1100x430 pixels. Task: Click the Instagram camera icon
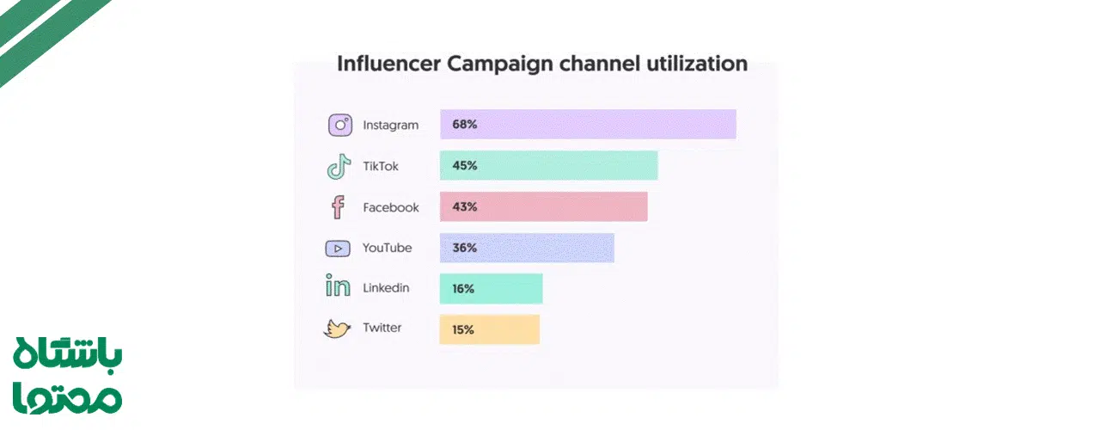click(x=340, y=125)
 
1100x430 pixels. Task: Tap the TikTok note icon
click(x=339, y=166)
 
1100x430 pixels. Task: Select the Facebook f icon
click(x=338, y=207)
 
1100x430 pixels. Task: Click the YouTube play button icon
click(x=338, y=249)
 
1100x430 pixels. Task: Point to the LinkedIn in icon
click(x=338, y=287)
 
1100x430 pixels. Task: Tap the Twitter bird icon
click(x=337, y=329)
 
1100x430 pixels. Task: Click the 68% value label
click(x=464, y=125)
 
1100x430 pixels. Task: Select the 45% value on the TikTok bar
click(x=464, y=166)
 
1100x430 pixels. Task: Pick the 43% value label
click(x=464, y=207)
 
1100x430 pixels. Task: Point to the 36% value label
click(x=464, y=248)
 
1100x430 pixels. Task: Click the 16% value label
click(x=463, y=289)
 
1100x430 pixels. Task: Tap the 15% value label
click(x=463, y=329)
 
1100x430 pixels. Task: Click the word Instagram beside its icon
click(x=390, y=126)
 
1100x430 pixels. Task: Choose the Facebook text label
click(x=390, y=207)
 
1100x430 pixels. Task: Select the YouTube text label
click(x=387, y=248)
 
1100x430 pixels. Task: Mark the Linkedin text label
click(x=386, y=288)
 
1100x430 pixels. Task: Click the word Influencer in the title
click(x=389, y=64)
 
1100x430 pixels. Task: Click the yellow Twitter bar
click(x=507, y=329)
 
